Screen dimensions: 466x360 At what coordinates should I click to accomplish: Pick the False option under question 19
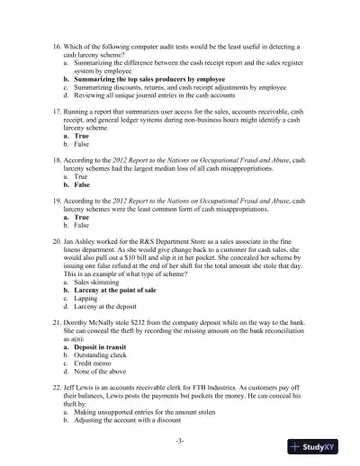82,229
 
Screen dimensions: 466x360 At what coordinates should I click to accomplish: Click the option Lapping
89,325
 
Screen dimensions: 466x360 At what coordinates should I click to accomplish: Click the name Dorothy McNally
101,351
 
